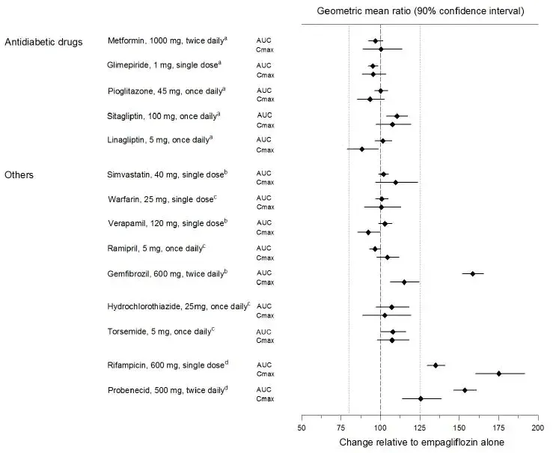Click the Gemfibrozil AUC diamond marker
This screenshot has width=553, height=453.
point(472,273)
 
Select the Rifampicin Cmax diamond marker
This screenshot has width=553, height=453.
point(498,374)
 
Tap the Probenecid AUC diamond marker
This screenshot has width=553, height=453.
point(465,390)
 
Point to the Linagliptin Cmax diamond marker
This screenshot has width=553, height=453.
point(362,149)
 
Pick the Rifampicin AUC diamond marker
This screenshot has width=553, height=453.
point(436,365)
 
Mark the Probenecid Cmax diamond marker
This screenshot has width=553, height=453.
point(421,399)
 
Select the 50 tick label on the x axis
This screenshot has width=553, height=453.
point(302,428)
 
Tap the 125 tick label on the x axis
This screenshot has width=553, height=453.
point(420,428)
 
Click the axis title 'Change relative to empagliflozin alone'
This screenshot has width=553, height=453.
point(421,443)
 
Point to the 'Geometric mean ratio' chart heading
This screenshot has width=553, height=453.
point(420,11)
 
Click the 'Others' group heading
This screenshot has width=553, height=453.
point(19,174)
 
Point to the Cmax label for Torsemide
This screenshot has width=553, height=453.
point(265,341)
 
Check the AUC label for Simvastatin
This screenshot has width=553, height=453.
point(264,174)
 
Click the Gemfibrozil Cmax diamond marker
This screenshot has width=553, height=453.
point(404,282)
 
